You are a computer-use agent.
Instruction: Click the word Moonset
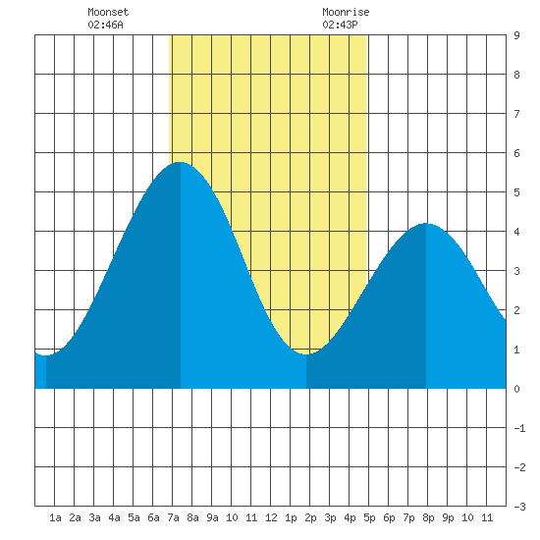108,12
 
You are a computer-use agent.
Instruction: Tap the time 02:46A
105,25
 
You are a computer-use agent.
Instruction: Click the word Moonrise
346,12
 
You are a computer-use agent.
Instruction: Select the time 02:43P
340,25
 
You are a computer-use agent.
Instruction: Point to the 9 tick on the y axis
516,35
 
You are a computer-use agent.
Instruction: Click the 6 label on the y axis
516,153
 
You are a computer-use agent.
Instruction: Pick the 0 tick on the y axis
516,389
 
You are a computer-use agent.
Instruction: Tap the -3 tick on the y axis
519,507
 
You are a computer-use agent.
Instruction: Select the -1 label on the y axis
519,428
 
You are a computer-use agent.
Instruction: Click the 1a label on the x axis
55,517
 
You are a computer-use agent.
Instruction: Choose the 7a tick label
173,517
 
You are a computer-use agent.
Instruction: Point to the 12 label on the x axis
271,517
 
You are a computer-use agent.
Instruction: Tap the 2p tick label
310,517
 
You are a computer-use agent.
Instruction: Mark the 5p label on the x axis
369,517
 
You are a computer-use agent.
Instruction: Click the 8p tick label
428,517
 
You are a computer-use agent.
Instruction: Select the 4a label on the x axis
114,517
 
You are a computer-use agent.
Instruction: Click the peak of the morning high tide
180,162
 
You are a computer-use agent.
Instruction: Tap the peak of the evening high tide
426,224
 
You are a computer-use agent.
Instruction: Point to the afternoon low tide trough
306,354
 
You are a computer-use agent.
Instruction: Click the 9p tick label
448,517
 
